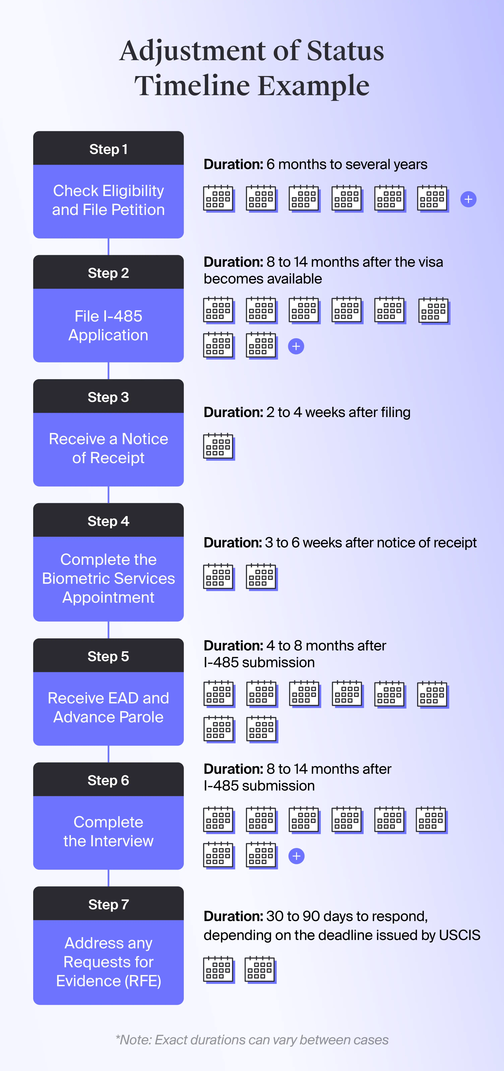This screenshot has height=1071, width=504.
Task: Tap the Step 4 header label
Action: pos(108,521)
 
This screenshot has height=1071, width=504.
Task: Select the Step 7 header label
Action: pos(108,904)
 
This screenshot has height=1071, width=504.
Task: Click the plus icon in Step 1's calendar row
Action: pos(468,199)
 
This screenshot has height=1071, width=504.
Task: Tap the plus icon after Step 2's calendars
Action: pos(296,346)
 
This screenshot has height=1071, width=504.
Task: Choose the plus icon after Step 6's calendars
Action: pos(296,856)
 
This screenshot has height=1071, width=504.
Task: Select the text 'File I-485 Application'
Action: pos(108,326)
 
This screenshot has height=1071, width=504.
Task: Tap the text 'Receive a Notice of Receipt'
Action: pos(108,448)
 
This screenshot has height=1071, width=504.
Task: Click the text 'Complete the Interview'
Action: pos(108,831)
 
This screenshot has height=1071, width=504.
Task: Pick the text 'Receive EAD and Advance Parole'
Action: pos(108,707)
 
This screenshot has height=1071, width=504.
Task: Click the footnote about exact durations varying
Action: pos(252,1040)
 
